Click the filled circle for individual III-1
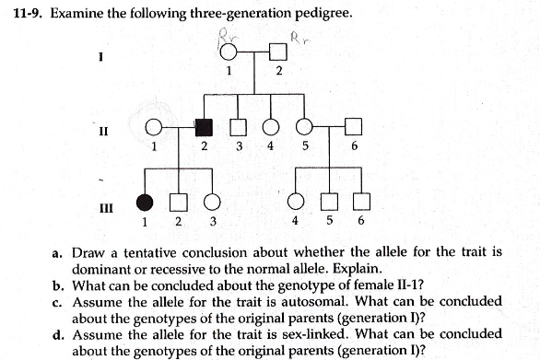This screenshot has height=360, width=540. [x=145, y=202]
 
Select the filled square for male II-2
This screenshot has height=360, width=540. [x=206, y=127]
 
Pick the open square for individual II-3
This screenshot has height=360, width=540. [x=237, y=127]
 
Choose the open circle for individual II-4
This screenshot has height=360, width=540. [x=271, y=127]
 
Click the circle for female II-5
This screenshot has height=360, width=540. [x=304, y=127]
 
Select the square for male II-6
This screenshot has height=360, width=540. [x=355, y=127]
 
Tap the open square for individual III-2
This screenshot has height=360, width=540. [x=179, y=202]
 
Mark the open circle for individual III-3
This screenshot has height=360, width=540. [x=213, y=202]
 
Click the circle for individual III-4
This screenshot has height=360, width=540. [x=295, y=202]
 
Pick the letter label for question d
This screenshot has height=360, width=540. [x=57, y=333]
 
